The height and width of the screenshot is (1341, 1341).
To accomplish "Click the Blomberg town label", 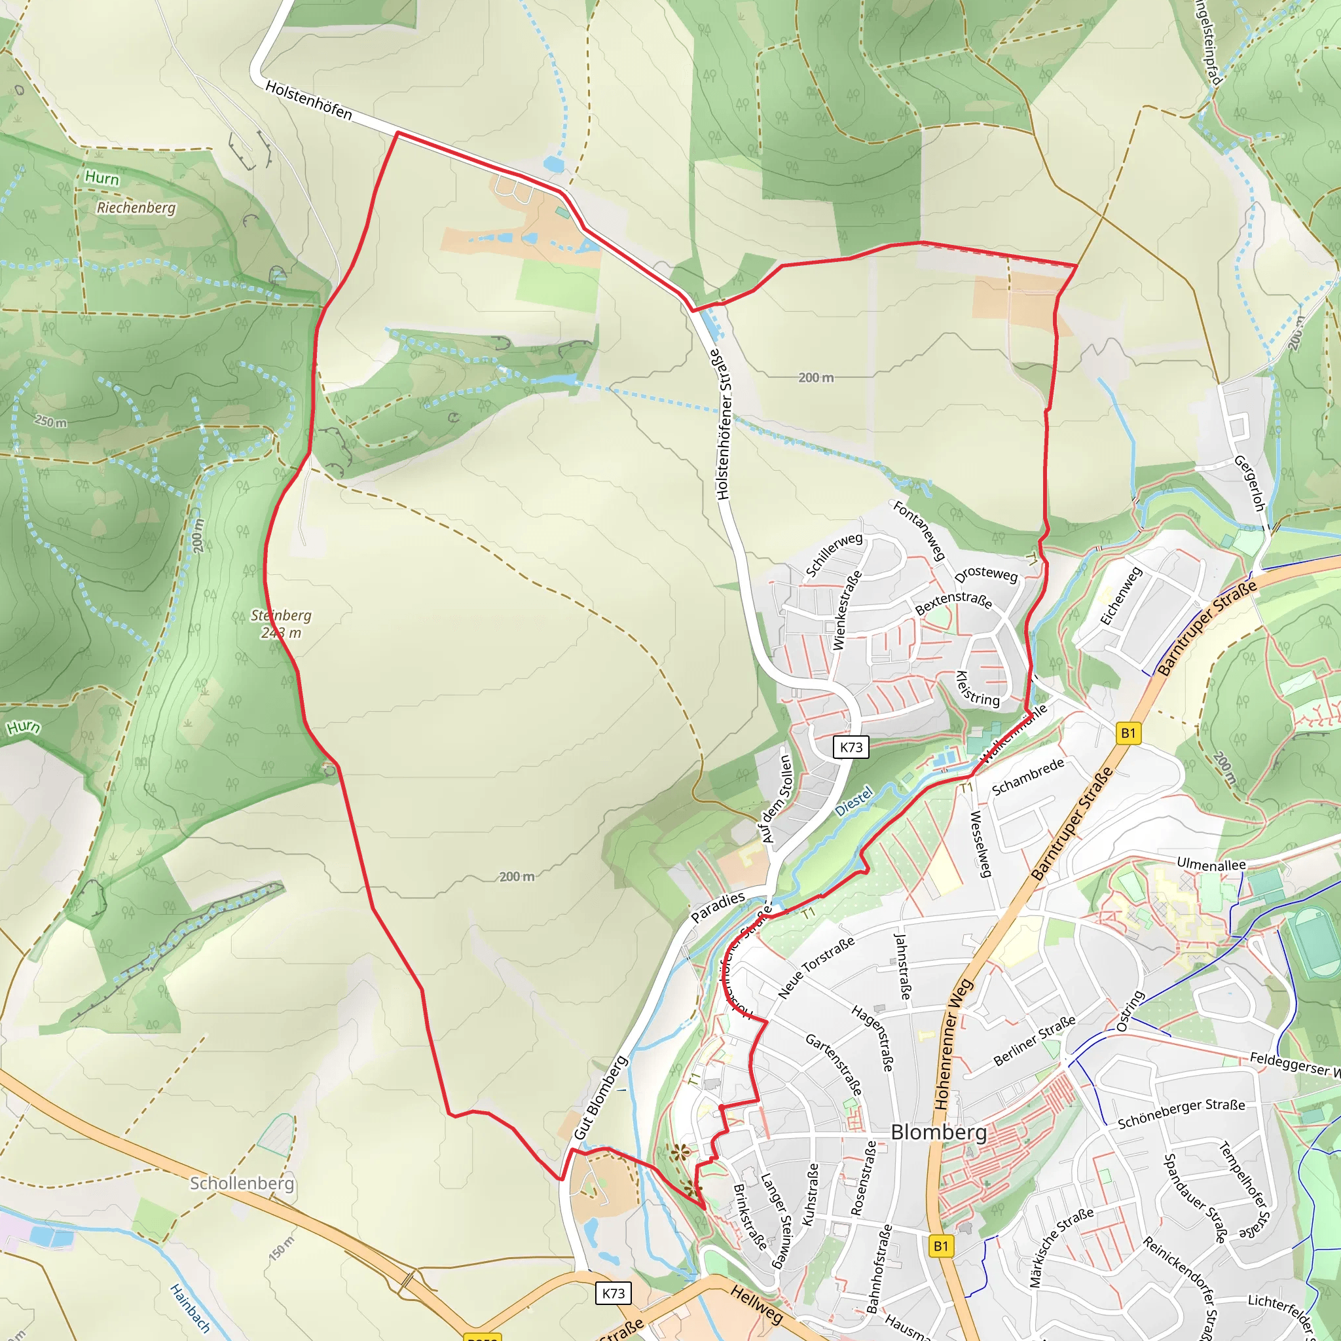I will pos(938,1132).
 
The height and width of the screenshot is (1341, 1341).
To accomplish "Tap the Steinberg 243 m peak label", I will pos(281,623).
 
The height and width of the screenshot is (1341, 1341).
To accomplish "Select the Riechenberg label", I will pos(136,208).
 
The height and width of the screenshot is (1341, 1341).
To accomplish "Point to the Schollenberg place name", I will pos(242,1183).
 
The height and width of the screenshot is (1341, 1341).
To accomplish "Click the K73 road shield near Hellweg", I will pos(613,1293).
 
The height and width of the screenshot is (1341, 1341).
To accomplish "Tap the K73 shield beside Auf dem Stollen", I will pos(851,747).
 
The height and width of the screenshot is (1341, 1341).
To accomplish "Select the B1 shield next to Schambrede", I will pos(1129,733).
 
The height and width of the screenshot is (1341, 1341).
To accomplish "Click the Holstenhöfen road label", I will pos(309,100).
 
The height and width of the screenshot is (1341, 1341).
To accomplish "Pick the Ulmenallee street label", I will pos(1211,865).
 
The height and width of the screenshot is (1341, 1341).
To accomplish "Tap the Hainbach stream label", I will pos(189,1308).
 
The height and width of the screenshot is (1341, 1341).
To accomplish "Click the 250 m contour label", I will pos(51,421).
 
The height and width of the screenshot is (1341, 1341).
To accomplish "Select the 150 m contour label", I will pos(281,1247).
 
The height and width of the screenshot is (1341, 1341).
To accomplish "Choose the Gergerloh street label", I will pos(1249,484).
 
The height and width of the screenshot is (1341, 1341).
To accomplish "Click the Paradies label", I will pos(718,907).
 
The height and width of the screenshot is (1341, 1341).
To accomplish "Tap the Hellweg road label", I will pos(756,1304).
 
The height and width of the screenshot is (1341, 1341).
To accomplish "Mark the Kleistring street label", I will pos(978,689).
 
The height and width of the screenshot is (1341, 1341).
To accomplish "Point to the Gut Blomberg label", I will pos(600,1097).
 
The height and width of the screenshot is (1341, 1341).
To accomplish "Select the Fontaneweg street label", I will pos(920,530).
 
